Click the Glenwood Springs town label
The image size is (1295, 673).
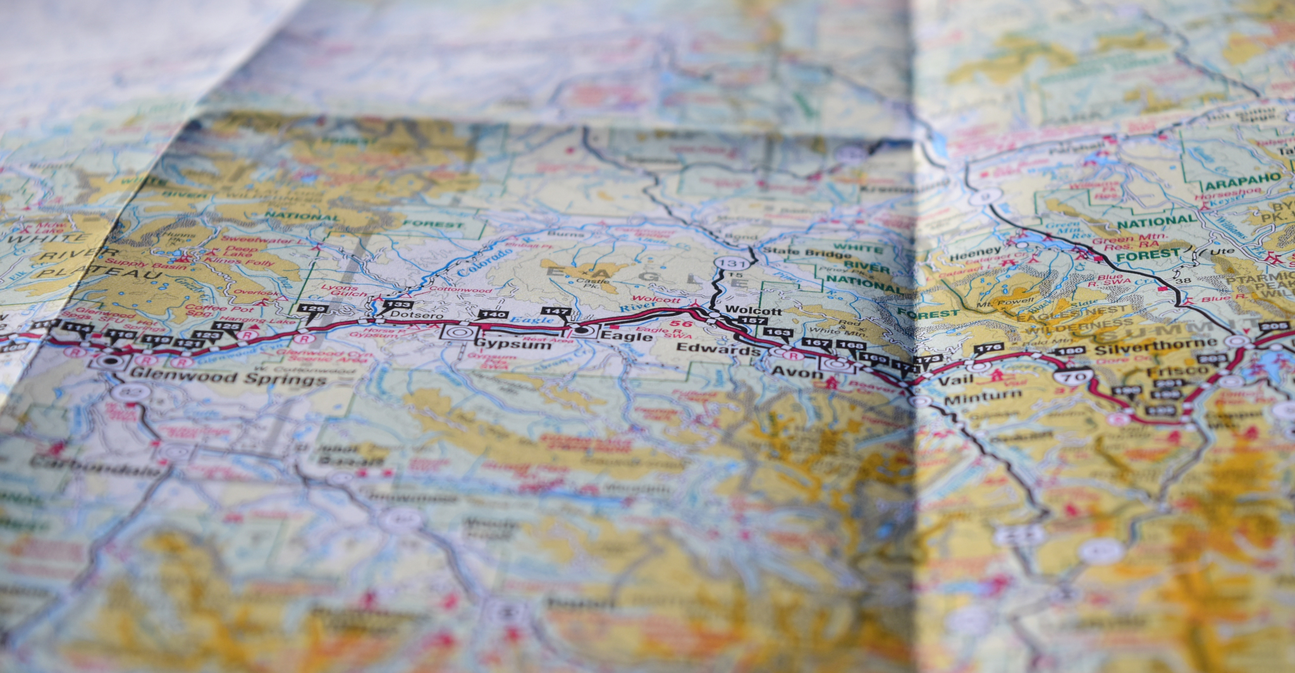(x=228, y=379)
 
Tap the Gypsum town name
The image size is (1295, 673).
(x=513, y=343)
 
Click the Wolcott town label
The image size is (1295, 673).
(x=754, y=310)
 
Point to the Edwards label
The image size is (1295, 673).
(x=718, y=348)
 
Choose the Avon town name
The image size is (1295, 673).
(x=797, y=373)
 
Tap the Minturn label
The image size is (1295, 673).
(x=983, y=397)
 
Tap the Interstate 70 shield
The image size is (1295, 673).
(x=1074, y=377)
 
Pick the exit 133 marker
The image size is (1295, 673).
(x=397, y=305)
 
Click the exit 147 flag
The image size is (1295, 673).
(x=556, y=312)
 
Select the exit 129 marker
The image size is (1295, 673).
(x=312, y=309)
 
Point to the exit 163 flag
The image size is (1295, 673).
(x=777, y=332)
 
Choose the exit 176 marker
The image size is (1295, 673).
(x=988, y=348)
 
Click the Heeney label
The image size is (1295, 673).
(x=976, y=254)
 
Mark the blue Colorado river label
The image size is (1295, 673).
(x=485, y=262)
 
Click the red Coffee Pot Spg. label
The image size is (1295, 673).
(x=211, y=310)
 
